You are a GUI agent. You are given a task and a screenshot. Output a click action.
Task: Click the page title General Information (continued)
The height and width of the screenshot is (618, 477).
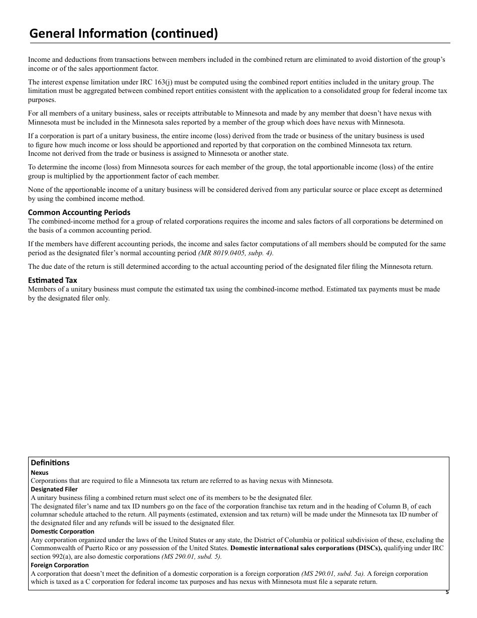pyautogui.click(x=124, y=34)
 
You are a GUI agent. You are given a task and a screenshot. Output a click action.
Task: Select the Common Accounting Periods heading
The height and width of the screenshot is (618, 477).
pyautogui.click(x=79, y=212)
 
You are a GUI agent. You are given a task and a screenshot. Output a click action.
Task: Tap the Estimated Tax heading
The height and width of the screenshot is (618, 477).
pyautogui.click(x=53, y=280)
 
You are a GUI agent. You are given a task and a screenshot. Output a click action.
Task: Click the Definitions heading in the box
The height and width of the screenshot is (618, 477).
pyautogui.click(x=50, y=462)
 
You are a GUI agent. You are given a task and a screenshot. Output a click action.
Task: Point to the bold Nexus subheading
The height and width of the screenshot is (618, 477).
pyautogui.click(x=40, y=472)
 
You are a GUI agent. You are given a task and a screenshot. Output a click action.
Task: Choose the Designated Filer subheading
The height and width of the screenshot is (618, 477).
pyautogui.click(x=54, y=489)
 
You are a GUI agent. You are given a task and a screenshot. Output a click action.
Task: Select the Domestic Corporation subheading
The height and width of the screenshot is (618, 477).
pyautogui.click(x=62, y=531)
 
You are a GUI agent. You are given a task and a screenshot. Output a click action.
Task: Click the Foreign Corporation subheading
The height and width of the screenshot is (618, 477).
pyautogui.click(x=60, y=565)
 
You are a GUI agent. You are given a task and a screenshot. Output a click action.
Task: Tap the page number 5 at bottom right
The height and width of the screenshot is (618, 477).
pyautogui.click(x=447, y=592)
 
